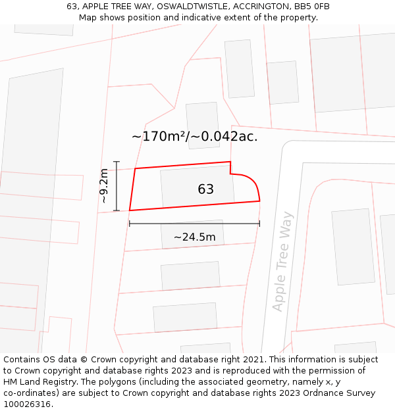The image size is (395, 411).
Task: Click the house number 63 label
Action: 205,189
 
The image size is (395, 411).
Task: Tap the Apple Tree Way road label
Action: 282,261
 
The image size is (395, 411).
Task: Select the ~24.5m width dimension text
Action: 194,237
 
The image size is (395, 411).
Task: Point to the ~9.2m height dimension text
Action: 103,186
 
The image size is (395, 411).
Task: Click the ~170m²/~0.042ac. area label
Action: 194,137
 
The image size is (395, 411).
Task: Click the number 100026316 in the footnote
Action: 28,404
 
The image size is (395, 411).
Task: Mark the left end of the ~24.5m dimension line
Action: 130,224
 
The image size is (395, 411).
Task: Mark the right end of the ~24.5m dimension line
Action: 259,224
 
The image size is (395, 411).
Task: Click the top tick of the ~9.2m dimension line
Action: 117,162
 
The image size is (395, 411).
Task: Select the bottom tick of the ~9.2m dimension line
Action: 117,210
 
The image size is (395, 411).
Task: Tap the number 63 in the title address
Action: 72,7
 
